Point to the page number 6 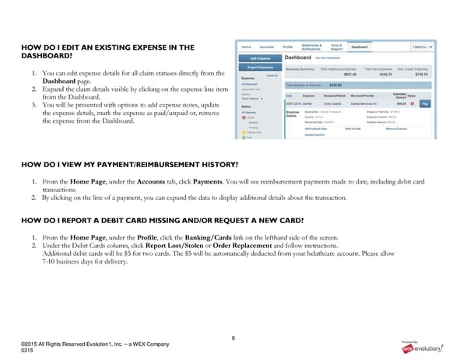tap(233, 337)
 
